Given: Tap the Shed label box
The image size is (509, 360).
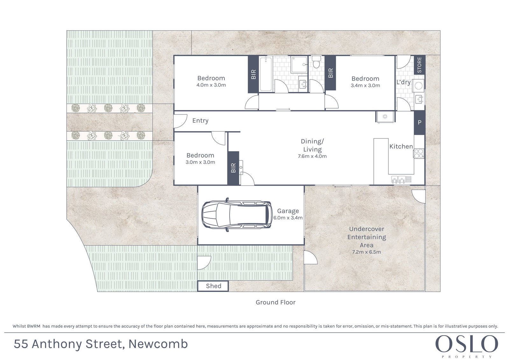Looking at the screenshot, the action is pyautogui.click(x=213, y=286).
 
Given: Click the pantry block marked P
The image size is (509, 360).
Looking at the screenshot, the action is pyautogui.click(x=420, y=123).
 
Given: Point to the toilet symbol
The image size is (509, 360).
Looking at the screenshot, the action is pyautogui.click(x=316, y=62).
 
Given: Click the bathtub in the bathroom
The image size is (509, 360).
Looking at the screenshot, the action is pyautogui.click(x=265, y=74).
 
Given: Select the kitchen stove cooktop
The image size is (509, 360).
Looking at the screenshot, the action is pyautogui.click(x=419, y=153).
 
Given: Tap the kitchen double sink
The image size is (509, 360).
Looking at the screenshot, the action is pyautogui.click(x=401, y=180).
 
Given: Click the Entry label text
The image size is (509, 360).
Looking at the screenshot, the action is pyautogui.click(x=200, y=121).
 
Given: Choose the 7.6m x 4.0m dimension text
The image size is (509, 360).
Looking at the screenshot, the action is pyautogui.click(x=312, y=156).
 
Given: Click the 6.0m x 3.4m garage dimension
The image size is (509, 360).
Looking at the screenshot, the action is pyautogui.click(x=288, y=218).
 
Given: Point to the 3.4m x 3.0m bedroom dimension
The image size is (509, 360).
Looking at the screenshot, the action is pyautogui.click(x=365, y=85).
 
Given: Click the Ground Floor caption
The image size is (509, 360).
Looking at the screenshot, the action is pyautogui.click(x=276, y=302).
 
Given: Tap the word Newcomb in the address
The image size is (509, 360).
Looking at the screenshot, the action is pyautogui.click(x=158, y=344).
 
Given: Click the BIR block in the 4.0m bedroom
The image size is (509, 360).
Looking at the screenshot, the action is pyautogui.click(x=253, y=74).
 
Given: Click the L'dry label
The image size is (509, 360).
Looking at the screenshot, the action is pyautogui.click(x=404, y=82).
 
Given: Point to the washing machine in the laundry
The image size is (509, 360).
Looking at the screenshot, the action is pyautogui.click(x=419, y=85).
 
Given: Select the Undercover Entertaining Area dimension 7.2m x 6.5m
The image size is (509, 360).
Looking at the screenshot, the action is pyautogui.click(x=366, y=252).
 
